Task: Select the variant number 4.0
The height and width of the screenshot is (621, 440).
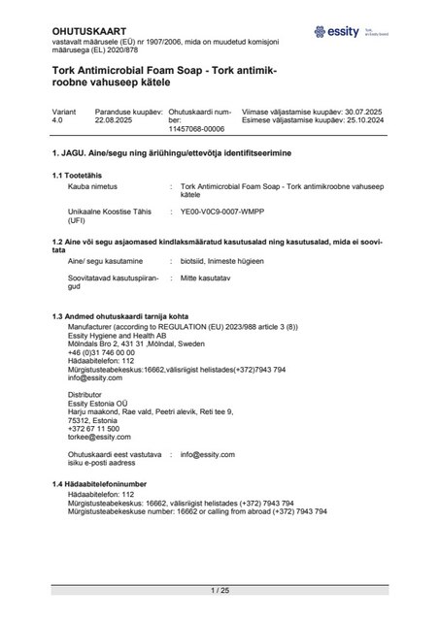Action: click(58, 121)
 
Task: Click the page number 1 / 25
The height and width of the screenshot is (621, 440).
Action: click(220, 589)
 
